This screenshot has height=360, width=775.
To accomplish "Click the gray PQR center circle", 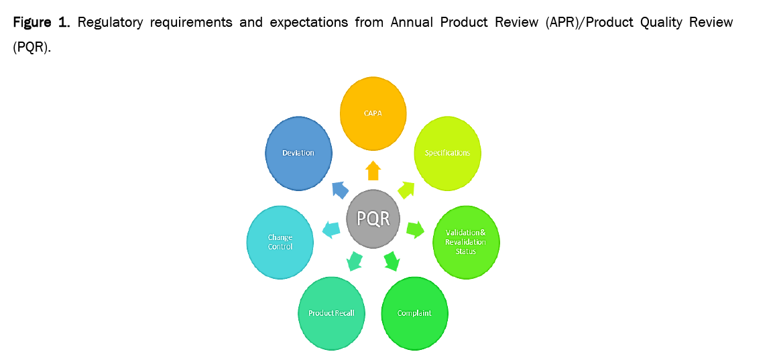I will (373, 218).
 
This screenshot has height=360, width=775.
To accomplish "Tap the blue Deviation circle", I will (298, 153).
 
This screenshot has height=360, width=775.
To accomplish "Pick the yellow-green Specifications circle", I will (448, 154).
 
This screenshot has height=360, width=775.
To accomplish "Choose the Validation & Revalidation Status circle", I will (466, 241).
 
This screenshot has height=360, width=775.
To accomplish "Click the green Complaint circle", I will (414, 313).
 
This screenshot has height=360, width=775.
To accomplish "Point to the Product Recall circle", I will (331, 313).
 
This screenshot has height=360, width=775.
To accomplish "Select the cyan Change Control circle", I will (280, 242).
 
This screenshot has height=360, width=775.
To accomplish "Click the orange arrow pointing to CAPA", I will (373, 170).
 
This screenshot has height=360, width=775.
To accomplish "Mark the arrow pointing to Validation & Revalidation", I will (416, 229).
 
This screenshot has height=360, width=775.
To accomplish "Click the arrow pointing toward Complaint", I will (392, 260).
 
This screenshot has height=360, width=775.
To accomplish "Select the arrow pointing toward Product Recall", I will (355, 260).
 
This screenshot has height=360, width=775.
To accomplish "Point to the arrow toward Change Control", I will (331, 229).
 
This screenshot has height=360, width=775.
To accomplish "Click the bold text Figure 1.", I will (41, 23).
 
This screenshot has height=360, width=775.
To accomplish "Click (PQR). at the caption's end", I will (32, 50).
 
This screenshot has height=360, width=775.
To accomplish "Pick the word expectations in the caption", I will (308, 23).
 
